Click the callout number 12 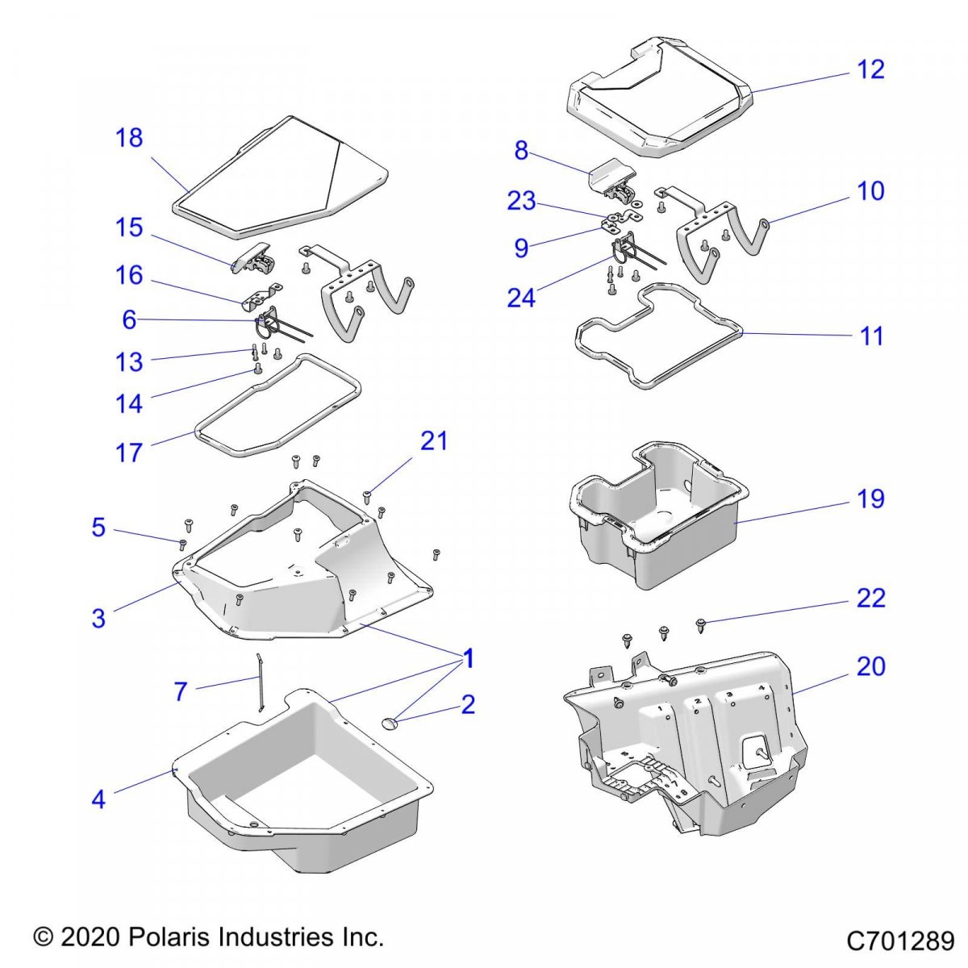pos(871,69)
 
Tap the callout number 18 pos(129,138)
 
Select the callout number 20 pos(871,666)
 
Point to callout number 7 pos(181,691)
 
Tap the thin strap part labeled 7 pos(260,682)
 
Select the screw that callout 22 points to pos(700,624)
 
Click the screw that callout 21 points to pos(367,495)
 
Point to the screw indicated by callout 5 pos(183,543)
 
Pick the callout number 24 pos(521,298)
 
